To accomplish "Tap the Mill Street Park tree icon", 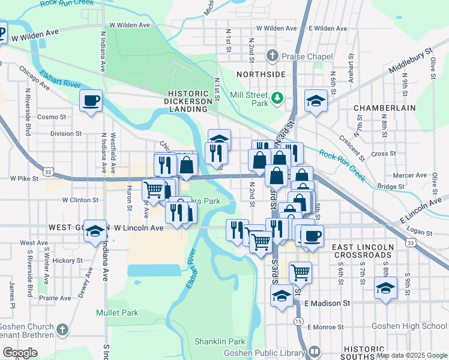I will pyautogui.click(x=277, y=98).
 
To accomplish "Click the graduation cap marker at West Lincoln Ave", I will pyautogui.click(x=95, y=231).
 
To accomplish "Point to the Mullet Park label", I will pyautogui.click(x=117, y=313).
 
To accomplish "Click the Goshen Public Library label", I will pyautogui.click(x=277, y=351).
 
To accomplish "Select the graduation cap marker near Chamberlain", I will pyautogui.click(x=316, y=101).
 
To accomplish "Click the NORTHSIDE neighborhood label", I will pyautogui.click(x=261, y=74).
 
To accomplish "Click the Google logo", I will pyautogui.click(x=19, y=353).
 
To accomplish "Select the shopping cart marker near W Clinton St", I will pyautogui.click(x=153, y=190).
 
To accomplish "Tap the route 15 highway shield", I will pyautogui.click(x=298, y=322).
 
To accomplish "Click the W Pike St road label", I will pyautogui.click(x=24, y=178).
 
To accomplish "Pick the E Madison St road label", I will pyautogui.click(x=327, y=304).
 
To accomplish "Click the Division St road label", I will pyautogui.click(x=66, y=134).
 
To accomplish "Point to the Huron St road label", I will pyautogui.click(x=129, y=200).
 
